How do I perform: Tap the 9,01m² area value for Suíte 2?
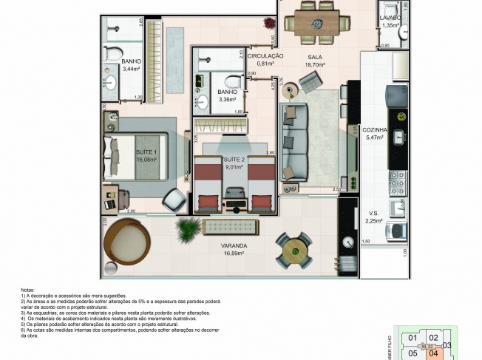pyautogui.click(x=234, y=166)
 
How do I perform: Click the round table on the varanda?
pyautogui.click(x=293, y=251)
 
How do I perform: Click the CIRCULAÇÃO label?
pyautogui.click(x=265, y=55)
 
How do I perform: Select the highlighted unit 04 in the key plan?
pyautogui.click(x=435, y=352)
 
